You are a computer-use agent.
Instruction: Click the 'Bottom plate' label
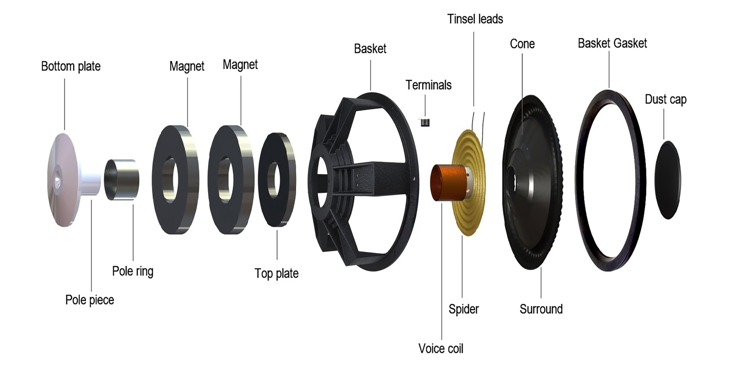point(71,66)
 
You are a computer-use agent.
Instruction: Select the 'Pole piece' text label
point(90,300)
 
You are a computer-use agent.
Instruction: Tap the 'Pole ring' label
point(133,271)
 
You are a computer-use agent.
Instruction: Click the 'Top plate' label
point(277,273)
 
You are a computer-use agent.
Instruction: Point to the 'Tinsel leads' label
point(475,19)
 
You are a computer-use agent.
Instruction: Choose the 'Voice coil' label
point(441,349)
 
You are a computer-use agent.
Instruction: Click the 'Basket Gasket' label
point(612,43)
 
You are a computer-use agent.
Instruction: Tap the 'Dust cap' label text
point(666,99)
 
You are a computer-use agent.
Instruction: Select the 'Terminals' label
point(428,85)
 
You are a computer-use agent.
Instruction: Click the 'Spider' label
point(464,309)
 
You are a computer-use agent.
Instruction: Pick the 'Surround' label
point(541,309)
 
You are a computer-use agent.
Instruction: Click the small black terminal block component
point(425,123)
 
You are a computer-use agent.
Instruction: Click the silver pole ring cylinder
point(122,180)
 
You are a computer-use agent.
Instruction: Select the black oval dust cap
point(668,180)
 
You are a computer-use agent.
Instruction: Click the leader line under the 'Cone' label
point(523,94)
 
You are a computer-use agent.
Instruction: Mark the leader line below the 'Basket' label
point(371,75)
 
